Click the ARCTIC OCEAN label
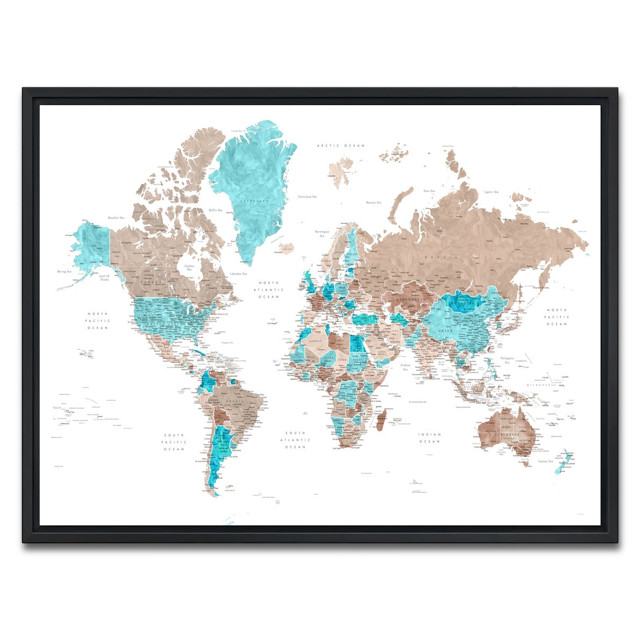point(340,145)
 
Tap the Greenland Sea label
point(307,197)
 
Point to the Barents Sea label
point(374,203)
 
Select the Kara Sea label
point(429,191)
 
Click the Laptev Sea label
point(491,192)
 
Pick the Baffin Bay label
point(215,210)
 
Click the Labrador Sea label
point(238,274)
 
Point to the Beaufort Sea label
point(116,218)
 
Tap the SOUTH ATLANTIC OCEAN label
point(295,440)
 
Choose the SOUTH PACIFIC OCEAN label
point(174,442)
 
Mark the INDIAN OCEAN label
point(429,438)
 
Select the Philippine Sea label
point(507,360)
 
